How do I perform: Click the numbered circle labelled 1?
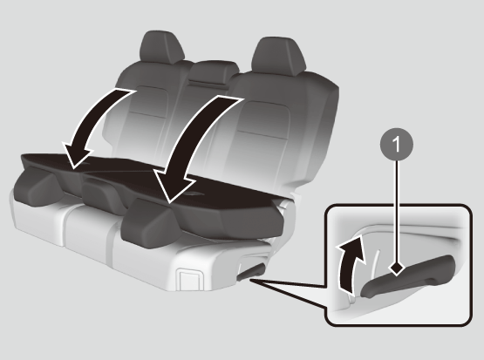point(397,144)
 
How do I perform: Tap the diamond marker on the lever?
point(397,268)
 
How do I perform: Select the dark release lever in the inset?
point(408,276)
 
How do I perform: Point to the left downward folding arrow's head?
point(78,155)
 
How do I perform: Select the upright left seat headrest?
point(161,47)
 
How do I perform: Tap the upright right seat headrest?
point(278,56)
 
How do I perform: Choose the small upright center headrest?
point(214,71)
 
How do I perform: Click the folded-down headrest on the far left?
point(36,185)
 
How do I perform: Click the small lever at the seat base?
point(250,271)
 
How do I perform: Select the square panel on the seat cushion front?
point(190,280)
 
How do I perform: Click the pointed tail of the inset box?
point(250,280)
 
